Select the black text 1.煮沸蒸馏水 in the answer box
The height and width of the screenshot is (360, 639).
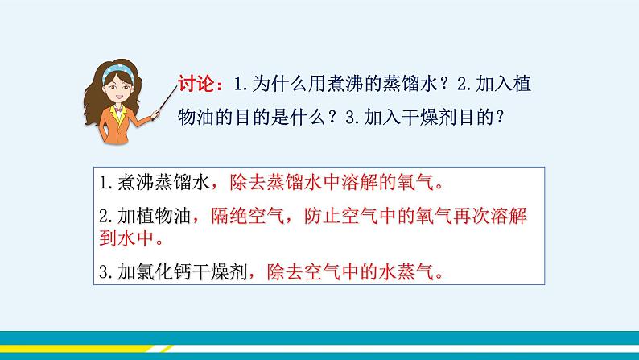coord(152,184)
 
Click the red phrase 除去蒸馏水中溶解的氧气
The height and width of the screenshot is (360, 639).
coord(338,184)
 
